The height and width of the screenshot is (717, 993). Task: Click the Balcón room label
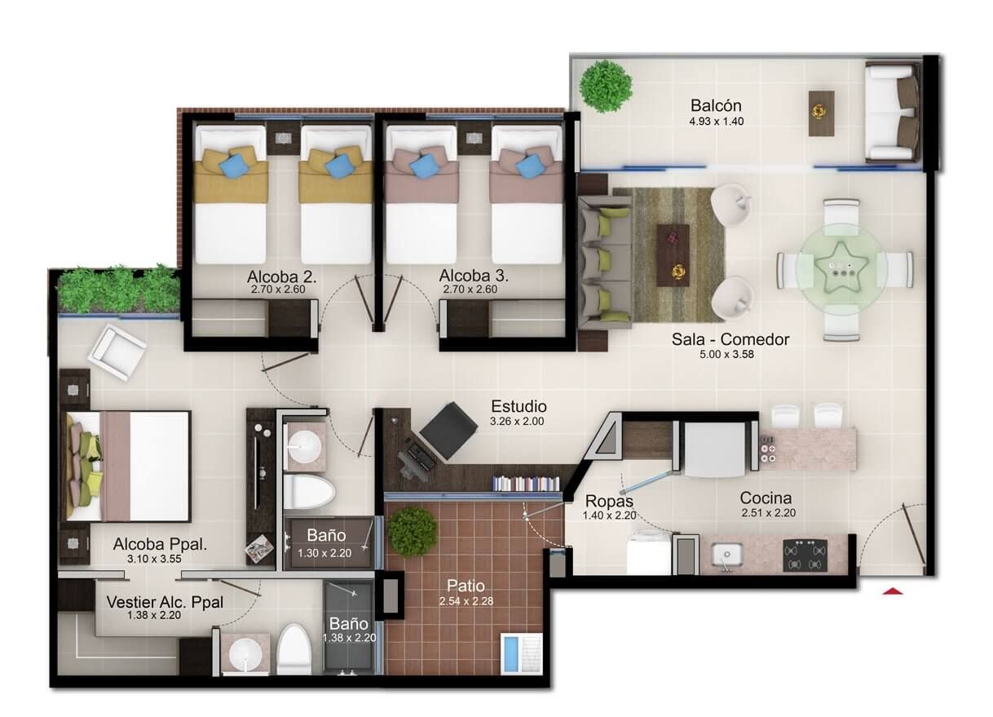click(716, 105)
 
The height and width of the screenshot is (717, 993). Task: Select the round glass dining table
click(844, 270)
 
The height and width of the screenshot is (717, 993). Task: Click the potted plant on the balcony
click(606, 84)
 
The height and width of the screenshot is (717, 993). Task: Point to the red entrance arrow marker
click(894, 590)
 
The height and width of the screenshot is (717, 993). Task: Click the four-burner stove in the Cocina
click(805, 555)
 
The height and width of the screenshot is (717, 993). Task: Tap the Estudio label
click(519, 406)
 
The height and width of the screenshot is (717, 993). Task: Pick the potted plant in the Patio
click(412, 532)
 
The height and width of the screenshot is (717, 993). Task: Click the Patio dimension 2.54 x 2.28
click(465, 601)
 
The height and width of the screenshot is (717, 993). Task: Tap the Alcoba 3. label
click(469, 275)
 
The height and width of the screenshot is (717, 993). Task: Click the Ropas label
click(609, 501)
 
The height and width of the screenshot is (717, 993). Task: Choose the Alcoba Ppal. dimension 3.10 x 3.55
click(159, 560)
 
